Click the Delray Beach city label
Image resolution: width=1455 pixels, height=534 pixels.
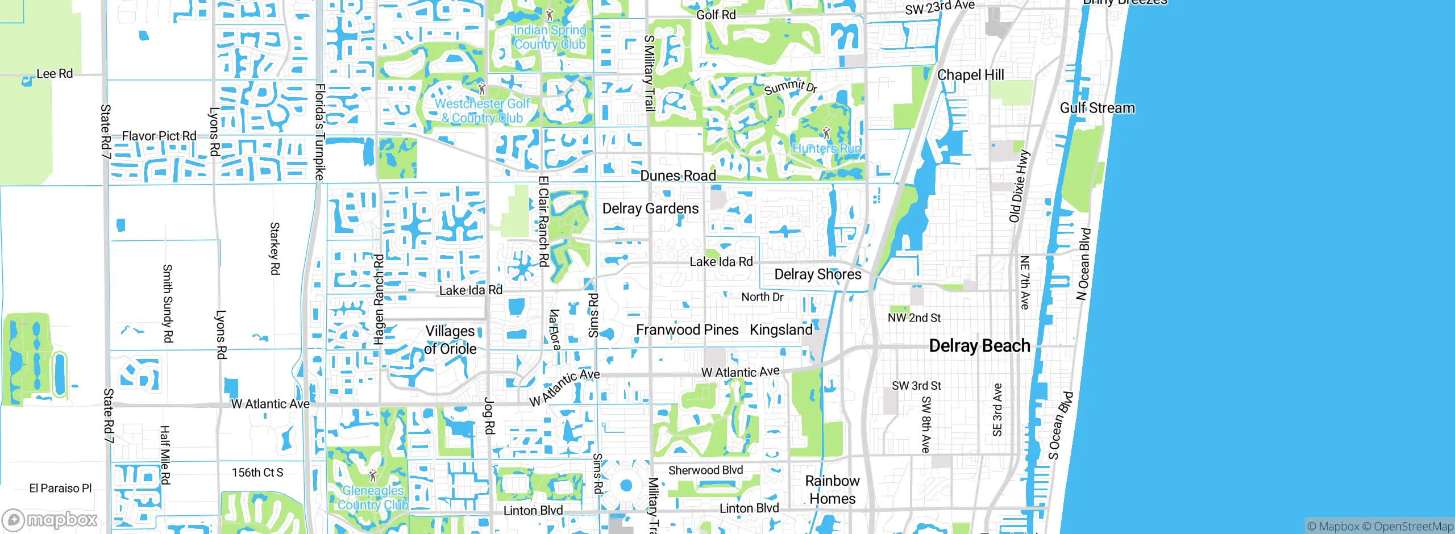point(979,345)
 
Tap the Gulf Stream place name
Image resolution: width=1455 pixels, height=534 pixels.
point(1097,108)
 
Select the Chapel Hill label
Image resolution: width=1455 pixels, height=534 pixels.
point(970,75)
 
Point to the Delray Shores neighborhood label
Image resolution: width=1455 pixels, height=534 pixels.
point(817,274)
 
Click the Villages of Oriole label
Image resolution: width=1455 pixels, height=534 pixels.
point(450,340)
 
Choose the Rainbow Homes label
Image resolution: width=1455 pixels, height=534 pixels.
point(832,490)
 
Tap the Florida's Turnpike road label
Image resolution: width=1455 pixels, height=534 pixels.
point(320,132)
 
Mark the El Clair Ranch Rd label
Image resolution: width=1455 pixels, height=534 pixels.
point(543,221)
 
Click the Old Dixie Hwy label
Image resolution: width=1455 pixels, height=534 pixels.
point(1018,186)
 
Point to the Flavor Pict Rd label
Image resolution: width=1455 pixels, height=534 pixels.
point(159,136)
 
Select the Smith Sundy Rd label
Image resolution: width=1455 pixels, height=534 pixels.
point(168,303)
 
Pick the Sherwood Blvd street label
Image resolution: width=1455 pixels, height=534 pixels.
point(705,470)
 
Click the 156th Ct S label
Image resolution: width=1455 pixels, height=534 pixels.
point(257,473)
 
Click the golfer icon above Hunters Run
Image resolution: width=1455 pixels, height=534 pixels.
point(826,133)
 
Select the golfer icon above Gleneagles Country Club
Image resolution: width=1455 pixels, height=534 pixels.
point(373,475)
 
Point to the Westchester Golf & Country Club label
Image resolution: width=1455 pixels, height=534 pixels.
point(483,111)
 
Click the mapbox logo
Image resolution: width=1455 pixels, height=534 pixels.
point(50,520)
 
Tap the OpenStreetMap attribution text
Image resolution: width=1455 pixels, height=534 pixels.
point(1419,527)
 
